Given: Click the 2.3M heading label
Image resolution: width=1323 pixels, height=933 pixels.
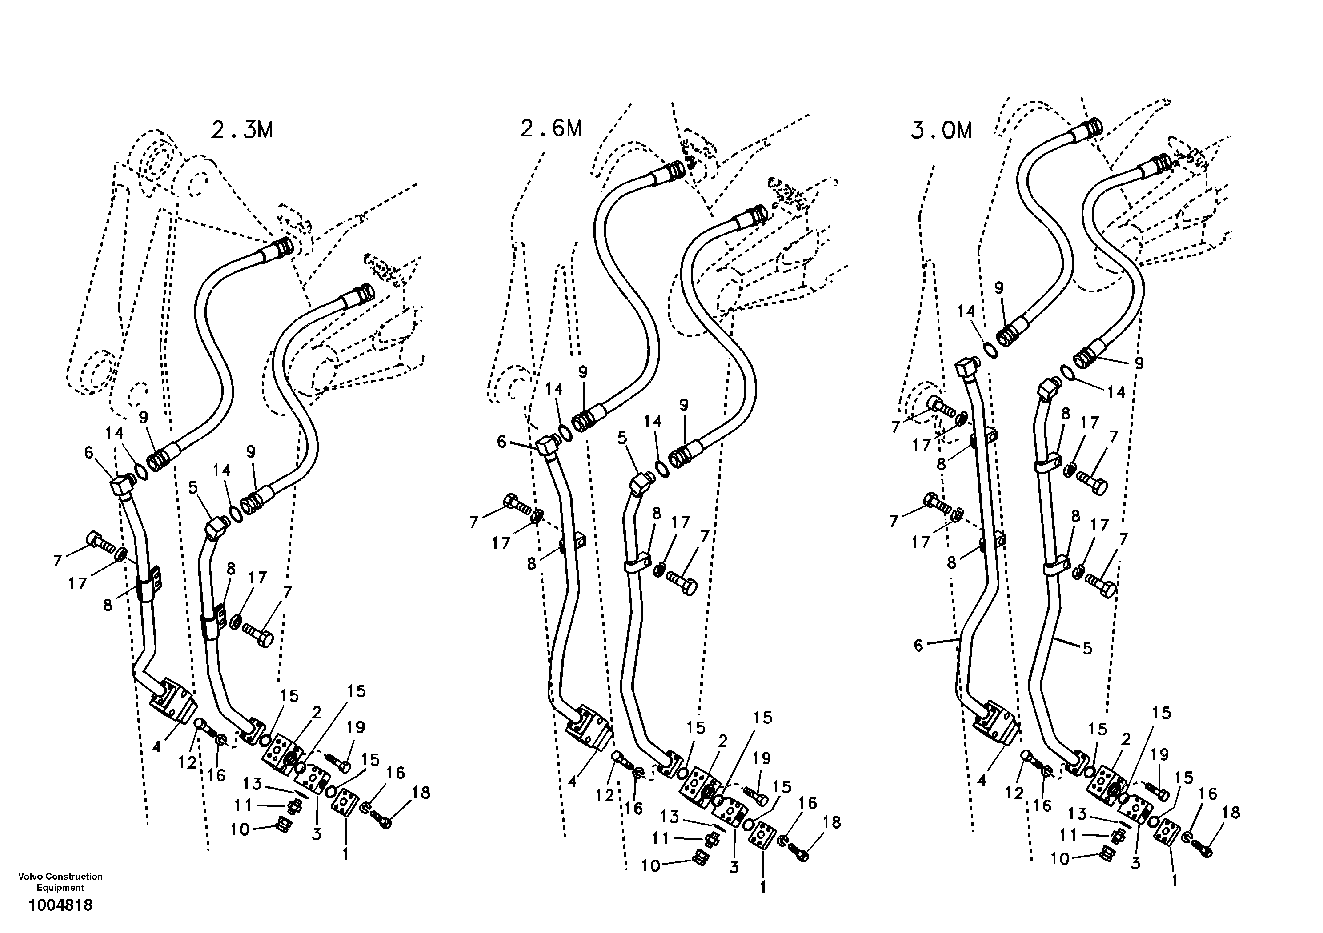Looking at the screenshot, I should (241, 131).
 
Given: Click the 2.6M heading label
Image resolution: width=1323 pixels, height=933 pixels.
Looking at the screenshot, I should (550, 128).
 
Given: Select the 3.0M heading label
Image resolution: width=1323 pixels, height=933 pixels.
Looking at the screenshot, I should (941, 131).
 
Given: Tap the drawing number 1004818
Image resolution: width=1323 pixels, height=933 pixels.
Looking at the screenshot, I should (60, 905).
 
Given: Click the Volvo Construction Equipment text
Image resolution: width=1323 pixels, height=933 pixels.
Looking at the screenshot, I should (60, 882).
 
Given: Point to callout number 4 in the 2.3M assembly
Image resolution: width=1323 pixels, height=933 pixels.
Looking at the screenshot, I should (156, 747).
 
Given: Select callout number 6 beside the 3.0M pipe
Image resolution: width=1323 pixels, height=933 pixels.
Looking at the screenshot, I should (918, 646).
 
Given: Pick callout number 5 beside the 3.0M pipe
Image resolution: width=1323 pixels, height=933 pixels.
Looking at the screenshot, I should (1087, 649).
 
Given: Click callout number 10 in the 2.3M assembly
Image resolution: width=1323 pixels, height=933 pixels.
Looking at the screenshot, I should (240, 829).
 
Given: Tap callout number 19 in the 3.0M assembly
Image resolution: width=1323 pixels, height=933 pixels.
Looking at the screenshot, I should (1159, 754).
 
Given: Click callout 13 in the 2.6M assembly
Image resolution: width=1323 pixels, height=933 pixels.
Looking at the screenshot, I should (670, 817).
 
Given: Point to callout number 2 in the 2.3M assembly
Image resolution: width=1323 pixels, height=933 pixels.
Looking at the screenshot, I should (316, 713).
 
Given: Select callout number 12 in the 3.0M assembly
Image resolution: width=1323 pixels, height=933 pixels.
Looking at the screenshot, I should (1014, 793).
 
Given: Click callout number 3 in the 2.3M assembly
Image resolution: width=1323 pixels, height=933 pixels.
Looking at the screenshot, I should (317, 834).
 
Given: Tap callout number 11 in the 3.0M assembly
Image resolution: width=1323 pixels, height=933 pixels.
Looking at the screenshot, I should (1069, 834).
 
